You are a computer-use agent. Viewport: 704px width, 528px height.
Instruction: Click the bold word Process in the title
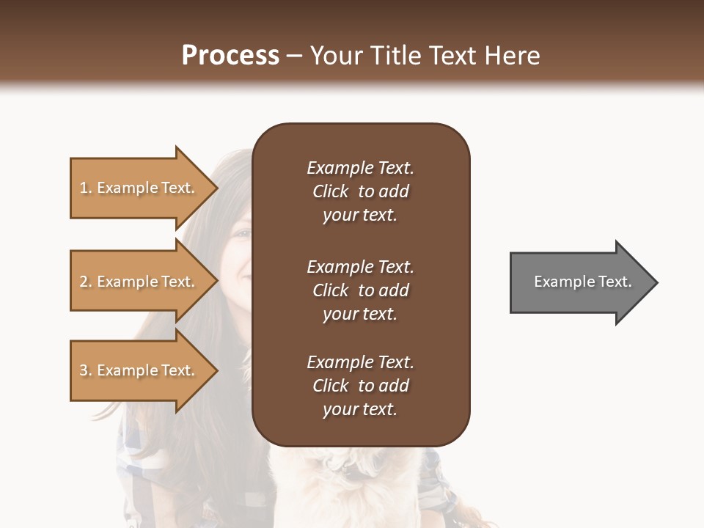230,56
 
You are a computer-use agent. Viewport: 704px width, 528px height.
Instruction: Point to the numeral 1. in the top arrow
86,188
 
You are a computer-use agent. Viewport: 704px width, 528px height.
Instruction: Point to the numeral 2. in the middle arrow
86,282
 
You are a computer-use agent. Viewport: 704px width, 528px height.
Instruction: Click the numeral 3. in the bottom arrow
86,371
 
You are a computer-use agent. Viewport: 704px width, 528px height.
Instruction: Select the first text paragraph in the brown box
360,191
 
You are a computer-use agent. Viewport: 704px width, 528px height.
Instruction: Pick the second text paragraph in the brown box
360,290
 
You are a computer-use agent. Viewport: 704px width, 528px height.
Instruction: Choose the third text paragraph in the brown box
360,386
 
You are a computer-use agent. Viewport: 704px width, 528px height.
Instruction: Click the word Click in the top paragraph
330,191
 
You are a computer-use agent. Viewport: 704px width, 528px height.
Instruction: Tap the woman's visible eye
243,234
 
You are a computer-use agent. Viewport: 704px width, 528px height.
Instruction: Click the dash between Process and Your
294,56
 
